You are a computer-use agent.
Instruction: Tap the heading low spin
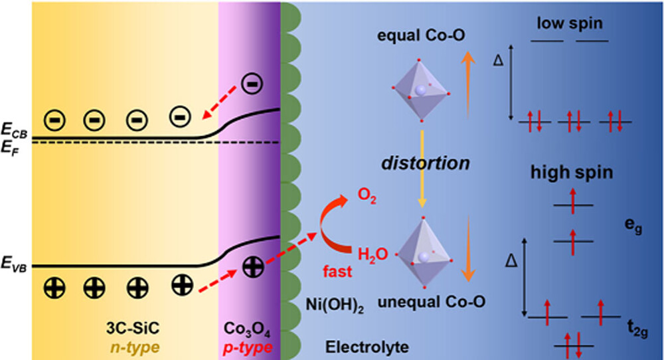pos(570,25)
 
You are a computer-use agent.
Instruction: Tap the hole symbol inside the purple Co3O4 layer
pos(252,267)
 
